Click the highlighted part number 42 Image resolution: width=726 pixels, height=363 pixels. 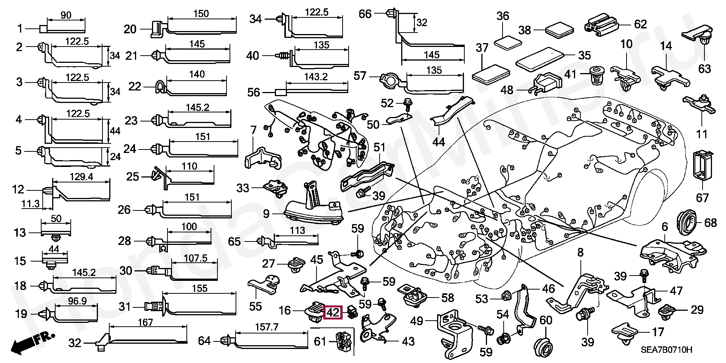(333, 313)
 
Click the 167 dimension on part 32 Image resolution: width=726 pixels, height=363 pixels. (145, 322)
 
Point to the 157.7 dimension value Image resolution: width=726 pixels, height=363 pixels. (267, 327)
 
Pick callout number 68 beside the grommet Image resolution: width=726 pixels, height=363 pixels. (710, 223)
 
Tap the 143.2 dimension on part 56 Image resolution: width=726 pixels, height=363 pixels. (316, 77)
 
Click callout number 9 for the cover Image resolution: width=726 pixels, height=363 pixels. (266, 214)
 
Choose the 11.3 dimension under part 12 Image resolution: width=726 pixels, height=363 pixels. (31, 204)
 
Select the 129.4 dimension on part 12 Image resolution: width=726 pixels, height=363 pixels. (81, 176)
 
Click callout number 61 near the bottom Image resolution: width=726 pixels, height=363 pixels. (320, 341)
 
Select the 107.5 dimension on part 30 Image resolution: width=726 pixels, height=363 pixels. (195, 258)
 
